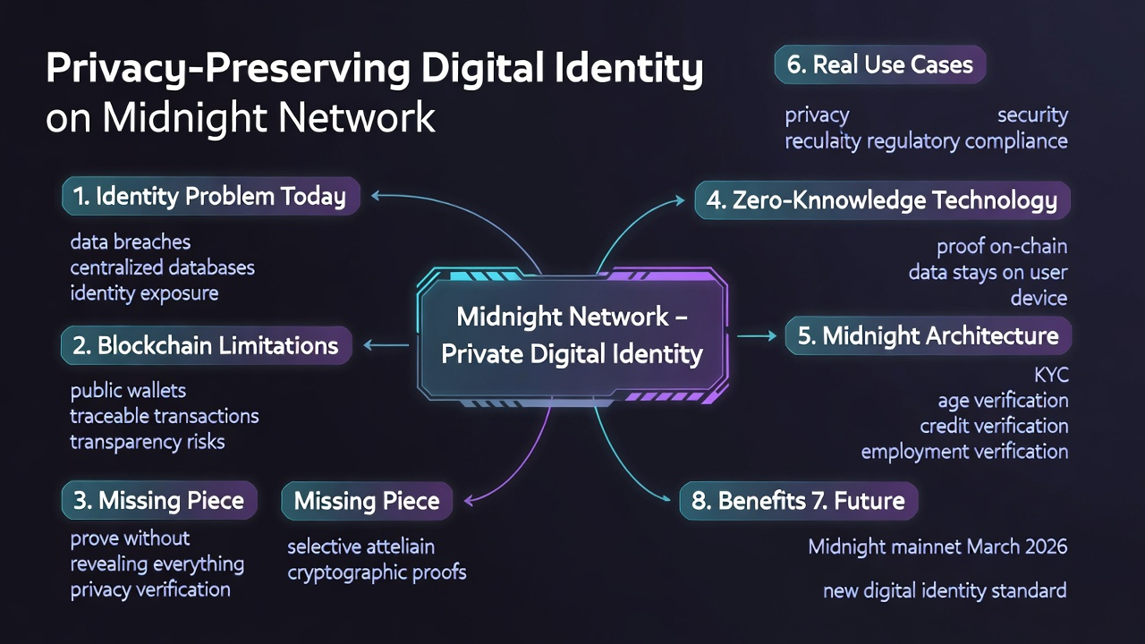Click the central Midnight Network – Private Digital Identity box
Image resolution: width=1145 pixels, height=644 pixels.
572,335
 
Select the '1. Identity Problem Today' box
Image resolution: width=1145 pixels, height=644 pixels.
210,196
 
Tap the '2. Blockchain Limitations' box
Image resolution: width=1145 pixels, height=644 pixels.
206,345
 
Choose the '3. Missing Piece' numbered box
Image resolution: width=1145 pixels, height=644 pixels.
159,500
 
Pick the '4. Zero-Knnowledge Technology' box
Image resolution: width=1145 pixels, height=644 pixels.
882,200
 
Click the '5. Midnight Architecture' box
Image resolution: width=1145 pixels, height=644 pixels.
928,336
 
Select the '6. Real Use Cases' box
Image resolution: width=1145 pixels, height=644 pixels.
879,64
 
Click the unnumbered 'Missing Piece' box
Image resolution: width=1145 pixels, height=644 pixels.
367,501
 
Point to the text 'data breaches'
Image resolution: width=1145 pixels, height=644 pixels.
131,242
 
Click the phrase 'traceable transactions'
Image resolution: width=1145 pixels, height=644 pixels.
165,416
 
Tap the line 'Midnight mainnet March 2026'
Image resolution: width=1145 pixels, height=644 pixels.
937,546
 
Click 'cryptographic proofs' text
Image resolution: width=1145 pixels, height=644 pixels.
377,572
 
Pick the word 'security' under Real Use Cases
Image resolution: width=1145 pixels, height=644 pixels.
1032,115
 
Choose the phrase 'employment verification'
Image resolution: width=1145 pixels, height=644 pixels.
964,452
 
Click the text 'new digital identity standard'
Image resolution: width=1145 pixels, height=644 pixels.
945,590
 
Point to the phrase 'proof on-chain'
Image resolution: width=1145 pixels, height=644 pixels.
1002,246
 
